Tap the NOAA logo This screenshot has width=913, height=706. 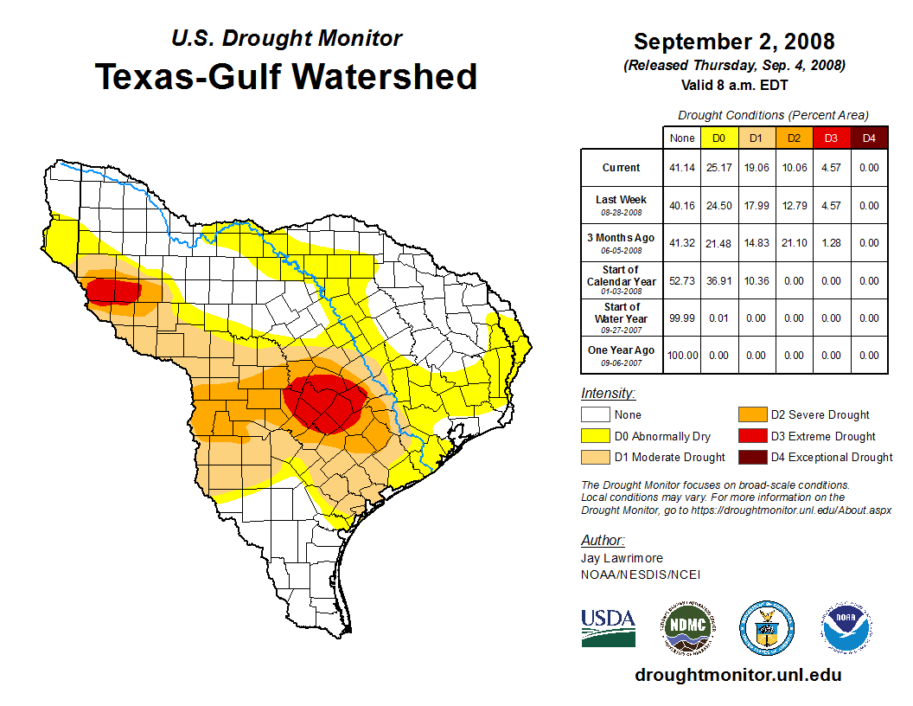tap(847, 627)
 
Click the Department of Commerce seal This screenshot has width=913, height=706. tap(766, 627)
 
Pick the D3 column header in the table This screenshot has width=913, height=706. tap(830, 138)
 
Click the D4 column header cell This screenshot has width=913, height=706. tap(869, 138)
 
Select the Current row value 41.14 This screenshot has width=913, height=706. tap(682, 168)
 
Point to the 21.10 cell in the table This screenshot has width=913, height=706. tap(793, 243)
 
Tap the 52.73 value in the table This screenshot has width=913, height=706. tap(682, 281)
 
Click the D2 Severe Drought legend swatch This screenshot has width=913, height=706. tap(751, 415)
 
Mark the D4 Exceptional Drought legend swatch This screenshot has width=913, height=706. tap(751, 457)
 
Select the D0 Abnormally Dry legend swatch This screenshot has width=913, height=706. tap(596, 436)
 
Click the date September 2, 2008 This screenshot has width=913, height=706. tap(734, 42)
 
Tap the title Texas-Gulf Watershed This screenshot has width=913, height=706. tap(285, 76)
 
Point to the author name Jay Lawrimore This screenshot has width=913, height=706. tap(622, 559)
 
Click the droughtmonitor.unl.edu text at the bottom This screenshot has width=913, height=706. tap(737, 675)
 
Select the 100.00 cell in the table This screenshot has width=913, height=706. tap(682, 356)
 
